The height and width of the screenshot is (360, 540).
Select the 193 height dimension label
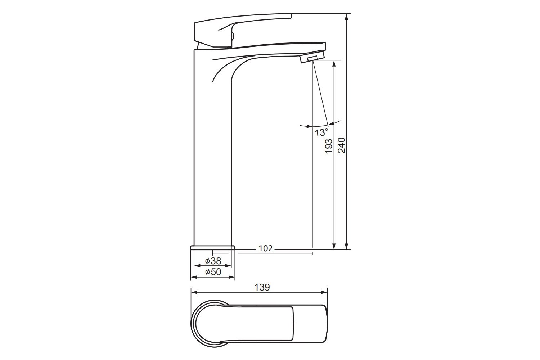pyautogui.click(x=329, y=146)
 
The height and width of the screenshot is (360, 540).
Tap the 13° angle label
pyautogui.click(x=321, y=132)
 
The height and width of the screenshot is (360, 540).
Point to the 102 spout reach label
pyautogui.click(x=265, y=248)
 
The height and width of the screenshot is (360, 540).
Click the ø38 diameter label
pyautogui.click(x=213, y=261)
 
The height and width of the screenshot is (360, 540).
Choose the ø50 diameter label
pyautogui.click(x=213, y=272)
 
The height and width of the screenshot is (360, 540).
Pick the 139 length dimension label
pyautogui.click(x=262, y=287)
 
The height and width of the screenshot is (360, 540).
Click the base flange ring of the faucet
pyautogui.click(x=213, y=248)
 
